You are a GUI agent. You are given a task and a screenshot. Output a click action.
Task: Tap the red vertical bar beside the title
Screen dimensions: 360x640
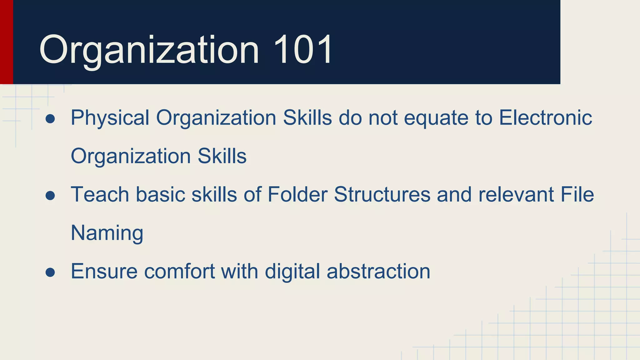6,42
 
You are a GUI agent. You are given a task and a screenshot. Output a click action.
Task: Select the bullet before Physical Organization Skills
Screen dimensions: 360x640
50,119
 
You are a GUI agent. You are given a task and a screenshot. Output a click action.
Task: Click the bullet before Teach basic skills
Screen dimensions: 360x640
50,196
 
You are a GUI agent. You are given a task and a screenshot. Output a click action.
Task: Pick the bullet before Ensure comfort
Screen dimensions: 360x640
50,272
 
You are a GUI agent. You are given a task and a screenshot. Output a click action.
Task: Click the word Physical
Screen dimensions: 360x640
110,118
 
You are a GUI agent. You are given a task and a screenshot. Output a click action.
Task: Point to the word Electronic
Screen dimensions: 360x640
545,118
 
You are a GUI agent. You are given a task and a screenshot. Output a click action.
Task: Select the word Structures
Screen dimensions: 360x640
382,194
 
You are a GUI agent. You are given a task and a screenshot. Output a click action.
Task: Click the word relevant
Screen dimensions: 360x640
516,194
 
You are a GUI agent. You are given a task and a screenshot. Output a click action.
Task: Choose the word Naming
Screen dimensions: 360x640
107,233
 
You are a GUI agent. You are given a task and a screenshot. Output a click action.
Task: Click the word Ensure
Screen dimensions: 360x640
104,271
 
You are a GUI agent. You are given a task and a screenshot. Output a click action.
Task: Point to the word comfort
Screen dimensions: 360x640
179,271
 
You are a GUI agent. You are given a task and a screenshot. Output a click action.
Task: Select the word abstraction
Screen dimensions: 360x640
378,271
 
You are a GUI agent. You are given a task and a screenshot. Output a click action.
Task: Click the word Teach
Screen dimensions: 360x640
100,194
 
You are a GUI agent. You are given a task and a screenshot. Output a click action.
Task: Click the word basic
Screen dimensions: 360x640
160,194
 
